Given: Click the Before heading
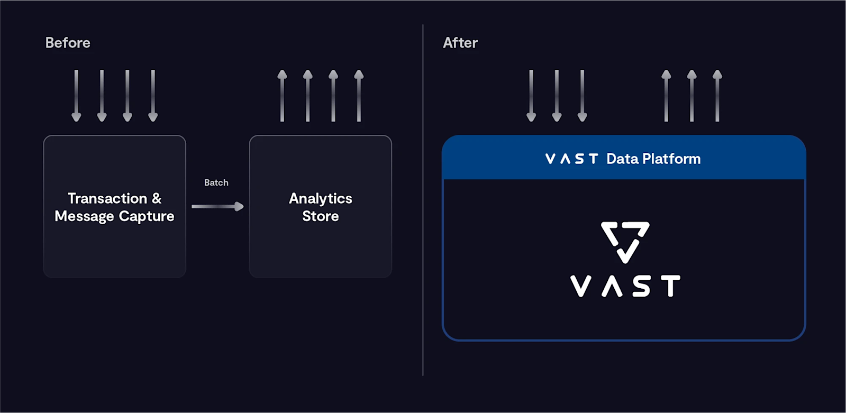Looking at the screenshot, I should click(68, 43).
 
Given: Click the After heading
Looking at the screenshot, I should click(460, 43).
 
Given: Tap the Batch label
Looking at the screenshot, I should click(216, 183).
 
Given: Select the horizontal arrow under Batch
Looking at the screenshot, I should click(217, 206).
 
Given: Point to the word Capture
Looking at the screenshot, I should click(147, 216).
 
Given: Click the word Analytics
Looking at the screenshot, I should click(320, 199).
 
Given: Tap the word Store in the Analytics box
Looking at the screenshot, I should click(320, 216).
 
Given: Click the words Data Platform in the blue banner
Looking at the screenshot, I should click(653, 159).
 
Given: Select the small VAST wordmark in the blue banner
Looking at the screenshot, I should click(571, 159).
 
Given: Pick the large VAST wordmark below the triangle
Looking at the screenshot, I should click(625, 286).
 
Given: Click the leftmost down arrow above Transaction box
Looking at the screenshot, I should click(76, 96).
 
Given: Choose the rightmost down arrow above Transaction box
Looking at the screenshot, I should click(153, 96).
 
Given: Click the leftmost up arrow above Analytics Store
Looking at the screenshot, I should click(282, 96).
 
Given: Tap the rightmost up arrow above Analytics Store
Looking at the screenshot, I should click(359, 96).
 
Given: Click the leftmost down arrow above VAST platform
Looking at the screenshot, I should click(531, 96).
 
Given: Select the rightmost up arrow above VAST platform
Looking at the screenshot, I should click(717, 96).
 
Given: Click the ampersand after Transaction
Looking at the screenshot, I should click(157, 199).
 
